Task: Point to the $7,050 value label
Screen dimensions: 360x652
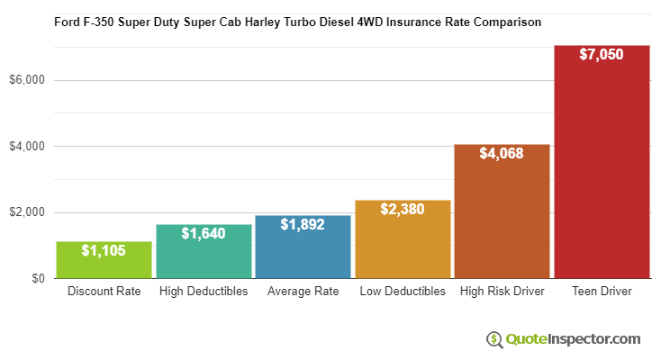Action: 602,55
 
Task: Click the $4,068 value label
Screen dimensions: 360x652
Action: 502,154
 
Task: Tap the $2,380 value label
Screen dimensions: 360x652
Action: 403,210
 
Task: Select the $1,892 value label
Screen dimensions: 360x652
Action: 303,225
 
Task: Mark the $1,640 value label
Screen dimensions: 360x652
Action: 204,233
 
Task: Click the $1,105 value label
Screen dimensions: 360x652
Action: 104,250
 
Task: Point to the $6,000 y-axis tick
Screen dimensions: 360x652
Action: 27,80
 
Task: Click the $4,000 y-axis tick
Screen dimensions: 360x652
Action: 27,147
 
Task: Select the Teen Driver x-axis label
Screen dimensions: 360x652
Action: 602,292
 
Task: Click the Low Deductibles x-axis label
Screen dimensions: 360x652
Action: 403,292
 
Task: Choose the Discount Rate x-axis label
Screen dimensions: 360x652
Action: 104,292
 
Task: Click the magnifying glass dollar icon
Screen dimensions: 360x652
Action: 494,339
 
